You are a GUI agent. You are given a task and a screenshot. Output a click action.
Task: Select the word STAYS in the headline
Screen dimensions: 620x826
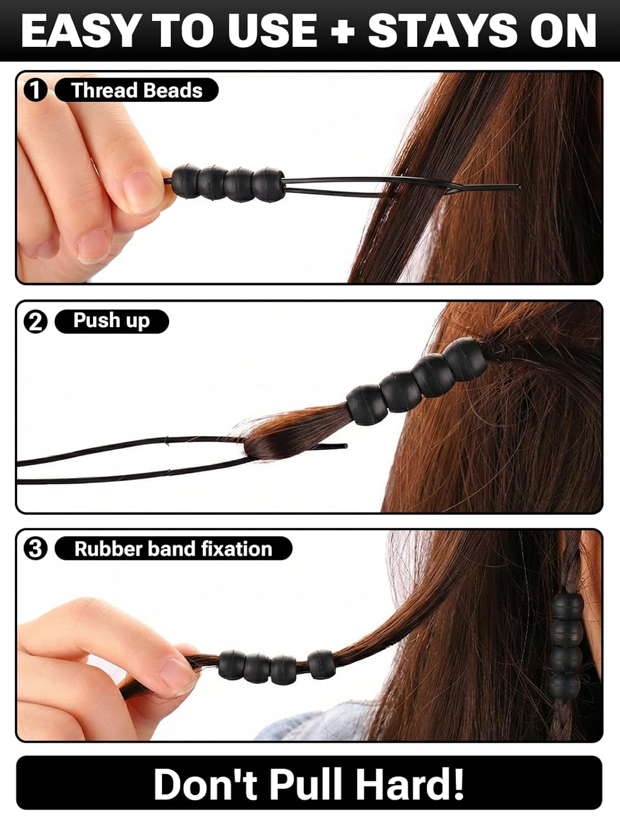pos(441,31)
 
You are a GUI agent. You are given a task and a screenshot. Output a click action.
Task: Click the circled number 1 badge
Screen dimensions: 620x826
pos(35,90)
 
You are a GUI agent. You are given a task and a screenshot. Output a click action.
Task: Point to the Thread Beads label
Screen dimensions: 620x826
pos(137,90)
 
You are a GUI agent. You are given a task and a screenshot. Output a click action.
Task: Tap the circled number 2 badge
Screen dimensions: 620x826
pos(35,322)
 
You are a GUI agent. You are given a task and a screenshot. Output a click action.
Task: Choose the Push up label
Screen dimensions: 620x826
pos(112,322)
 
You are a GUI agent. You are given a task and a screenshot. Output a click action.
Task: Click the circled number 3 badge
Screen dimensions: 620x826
pos(35,548)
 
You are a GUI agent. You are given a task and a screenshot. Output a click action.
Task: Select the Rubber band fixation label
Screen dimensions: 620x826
pos(173,548)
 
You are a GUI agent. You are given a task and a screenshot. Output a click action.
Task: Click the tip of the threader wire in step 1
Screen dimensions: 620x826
pos(520,187)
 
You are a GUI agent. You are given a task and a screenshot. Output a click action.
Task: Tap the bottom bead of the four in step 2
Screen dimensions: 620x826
pos(367,405)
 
